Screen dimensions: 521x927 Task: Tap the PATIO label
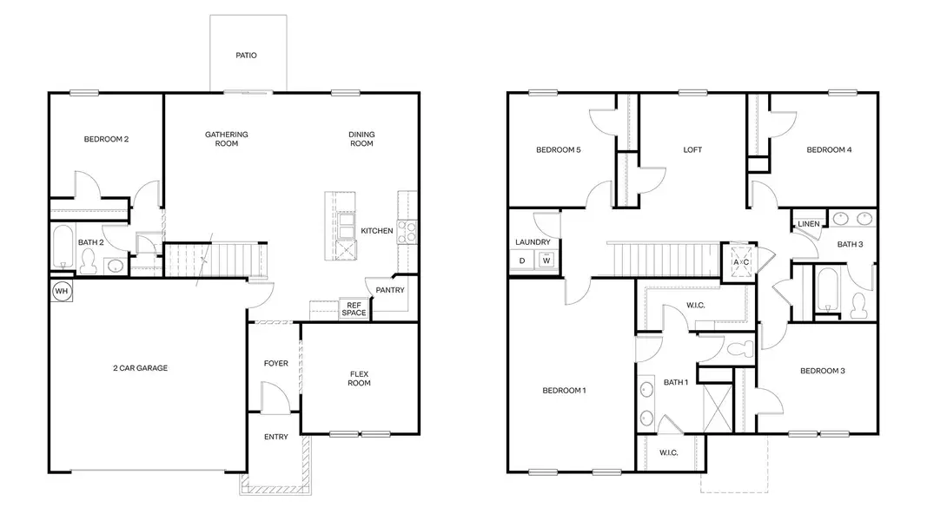click(246, 56)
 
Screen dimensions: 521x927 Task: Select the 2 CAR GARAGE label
click(140, 368)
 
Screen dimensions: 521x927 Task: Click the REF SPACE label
click(353, 309)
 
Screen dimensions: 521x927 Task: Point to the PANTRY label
click(390, 290)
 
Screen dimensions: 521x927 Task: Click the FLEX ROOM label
click(360, 379)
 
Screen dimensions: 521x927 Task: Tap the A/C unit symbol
click(741, 261)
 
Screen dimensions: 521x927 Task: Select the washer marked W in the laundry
click(546, 260)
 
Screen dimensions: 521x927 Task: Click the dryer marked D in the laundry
click(522, 260)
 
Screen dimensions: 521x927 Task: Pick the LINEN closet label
click(808, 224)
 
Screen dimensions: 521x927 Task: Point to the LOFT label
click(692, 149)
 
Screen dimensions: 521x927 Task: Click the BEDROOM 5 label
click(558, 149)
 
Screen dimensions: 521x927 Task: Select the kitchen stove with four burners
click(407, 230)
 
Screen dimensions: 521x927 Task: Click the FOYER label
click(275, 363)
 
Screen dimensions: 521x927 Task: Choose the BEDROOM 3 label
click(822, 371)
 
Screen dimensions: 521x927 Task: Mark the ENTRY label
click(275, 437)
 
